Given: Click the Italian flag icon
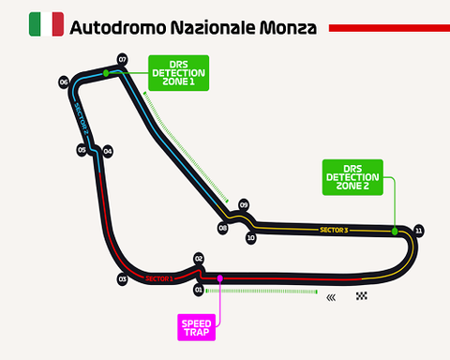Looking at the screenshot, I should pyautogui.click(x=46, y=24).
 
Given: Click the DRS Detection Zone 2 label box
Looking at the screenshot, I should pyautogui.click(x=352, y=176).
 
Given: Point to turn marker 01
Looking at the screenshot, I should pyautogui.click(x=199, y=290).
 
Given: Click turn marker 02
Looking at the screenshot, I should pyautogui.click(x=199, y=258).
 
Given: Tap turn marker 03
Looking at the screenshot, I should pyautogui.click(x=122, y=278).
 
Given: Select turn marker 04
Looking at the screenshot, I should pyautogui.click(x=108, y=151).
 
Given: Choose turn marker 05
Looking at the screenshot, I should pyautogui.click(x=82, y=150).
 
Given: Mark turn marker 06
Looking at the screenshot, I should pyautogui.click(x=64, y=82).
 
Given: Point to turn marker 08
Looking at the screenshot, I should pyautogui.click(x=223, y=228).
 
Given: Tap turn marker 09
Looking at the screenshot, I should pyautogui.click(x=244, y=204).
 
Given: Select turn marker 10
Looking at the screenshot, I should pyautogui.click(x=250, y=238).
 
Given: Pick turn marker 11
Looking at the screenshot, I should pyautogui.click(x=418, y=230).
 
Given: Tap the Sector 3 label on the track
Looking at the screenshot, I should pyautogui.click(x=333, y=230).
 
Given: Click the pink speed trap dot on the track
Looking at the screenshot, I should pyautogui.click(x=219, y=277).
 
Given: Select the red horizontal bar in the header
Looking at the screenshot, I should pyautogui.click(x=389, y=28).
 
